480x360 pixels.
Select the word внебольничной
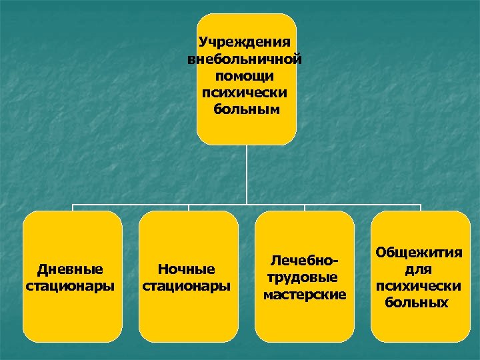[x=246, y=59]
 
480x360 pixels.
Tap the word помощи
[x=246, y=75]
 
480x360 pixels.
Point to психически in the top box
[x=246, y=92]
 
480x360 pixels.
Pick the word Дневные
[x=70, y=269]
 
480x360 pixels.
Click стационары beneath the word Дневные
[x=70, y=286]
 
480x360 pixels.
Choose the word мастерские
[x=305, y=293]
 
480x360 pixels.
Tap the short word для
[x=419, y=269]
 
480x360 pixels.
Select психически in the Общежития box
[x=419, y=286]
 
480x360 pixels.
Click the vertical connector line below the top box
[x=247, y=173]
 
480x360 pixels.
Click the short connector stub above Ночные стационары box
[x=189, y=207]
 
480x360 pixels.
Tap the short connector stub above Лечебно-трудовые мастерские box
[x=305, y=207]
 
